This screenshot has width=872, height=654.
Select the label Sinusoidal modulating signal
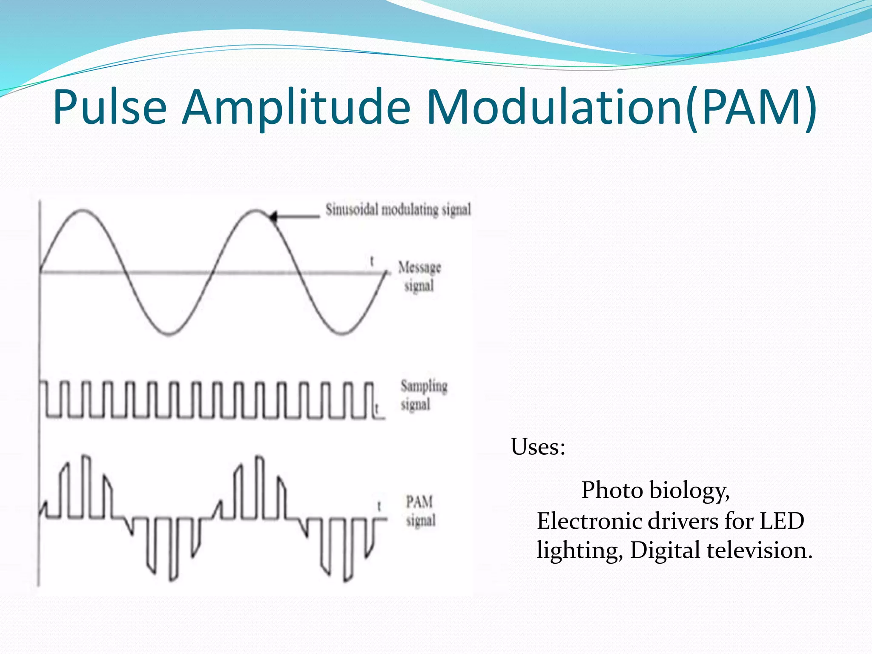(x=398, y=209)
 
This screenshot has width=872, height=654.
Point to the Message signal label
(x=419, y=277)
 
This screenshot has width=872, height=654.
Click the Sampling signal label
(x=423, y=395)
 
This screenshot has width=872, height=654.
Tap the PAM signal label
(x=420, y=511)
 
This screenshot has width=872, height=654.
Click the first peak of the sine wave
(x=81, y=210)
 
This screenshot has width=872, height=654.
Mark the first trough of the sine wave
(x=169, y=333)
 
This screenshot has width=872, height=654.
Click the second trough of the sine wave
(x=343, y=333)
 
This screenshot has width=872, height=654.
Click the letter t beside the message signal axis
(x=372, y=261)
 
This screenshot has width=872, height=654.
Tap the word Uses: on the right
(x=538, y=447)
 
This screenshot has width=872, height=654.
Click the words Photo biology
(x=655, y=490)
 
